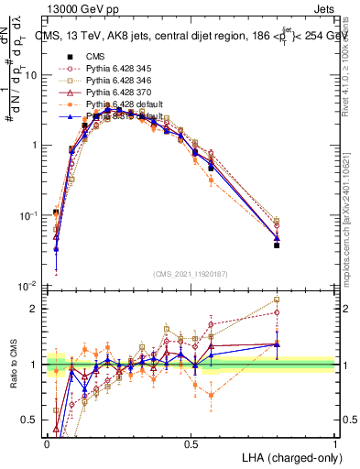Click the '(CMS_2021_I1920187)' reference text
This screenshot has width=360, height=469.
point(191,274)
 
